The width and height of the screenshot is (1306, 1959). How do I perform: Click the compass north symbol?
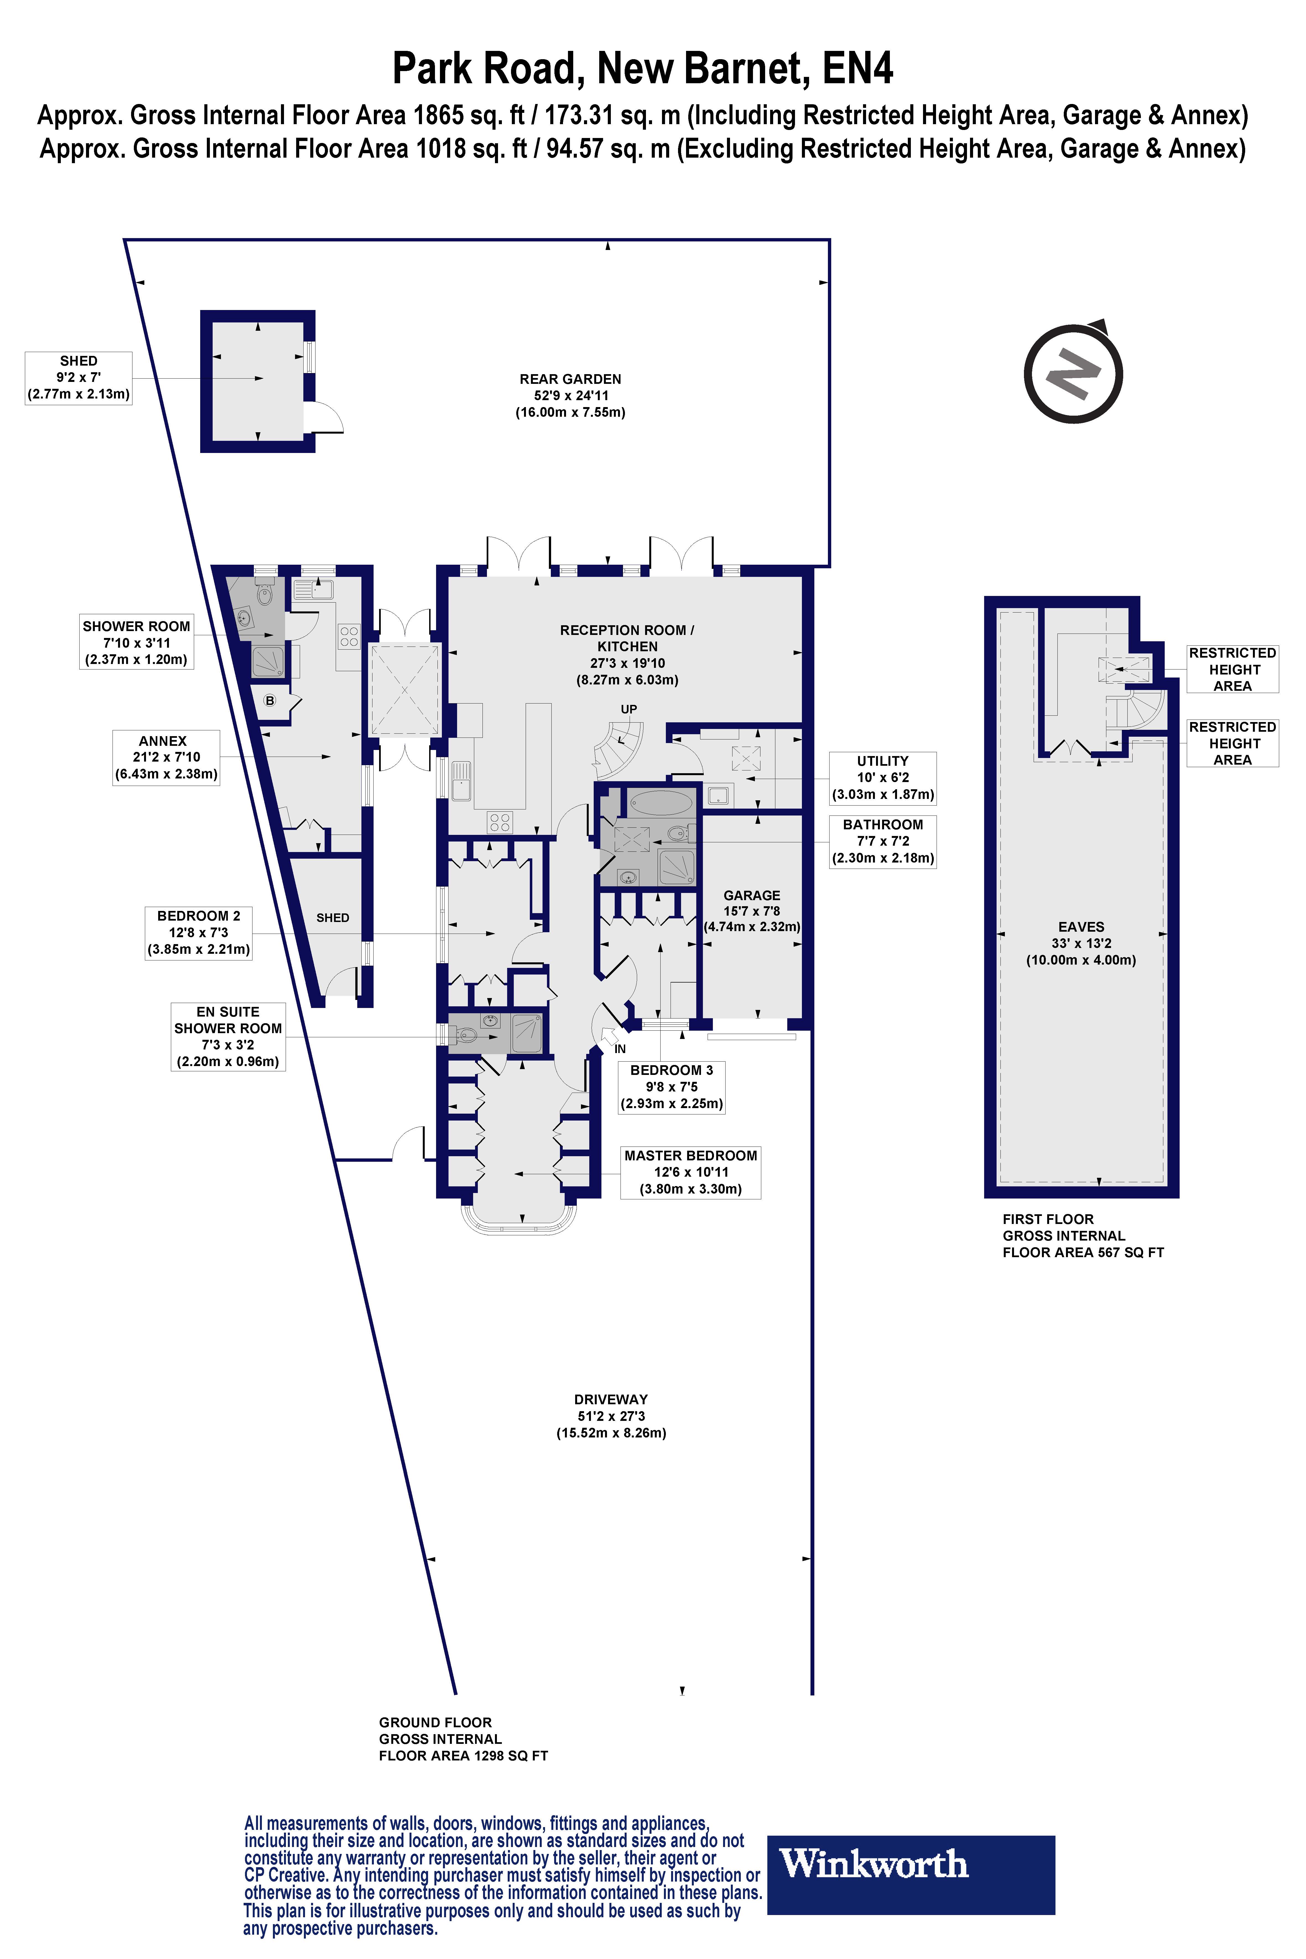(x=1074, y=372)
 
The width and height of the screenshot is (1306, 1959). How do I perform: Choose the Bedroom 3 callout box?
(x=671, y=1087)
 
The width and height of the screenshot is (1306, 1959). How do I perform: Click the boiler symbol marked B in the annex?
(x=270, y=700)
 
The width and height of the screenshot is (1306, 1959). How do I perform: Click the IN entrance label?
(x=620, y=1049)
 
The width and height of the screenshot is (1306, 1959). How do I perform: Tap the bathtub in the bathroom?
(x=661, y=803)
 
